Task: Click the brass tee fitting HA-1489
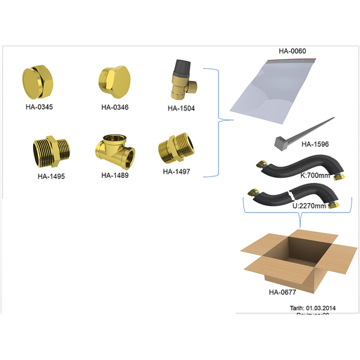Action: click(114, 150)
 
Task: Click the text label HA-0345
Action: click(39, 108)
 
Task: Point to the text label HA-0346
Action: click(115, 107)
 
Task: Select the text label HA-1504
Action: click(181, 108)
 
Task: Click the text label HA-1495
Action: click(51, 176)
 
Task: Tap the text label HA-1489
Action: click(115, 175)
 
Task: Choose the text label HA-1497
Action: click(176, 170)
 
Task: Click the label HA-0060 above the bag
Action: click(292, 51)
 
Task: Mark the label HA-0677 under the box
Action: click(282, 291)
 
